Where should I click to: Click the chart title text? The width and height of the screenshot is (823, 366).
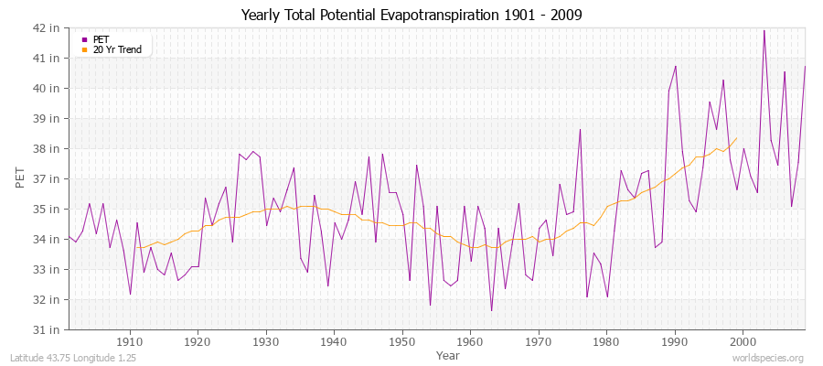pos(411,15)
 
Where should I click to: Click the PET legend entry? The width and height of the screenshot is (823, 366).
pos(101,39)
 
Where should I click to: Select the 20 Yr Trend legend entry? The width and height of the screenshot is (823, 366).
pos(117,49)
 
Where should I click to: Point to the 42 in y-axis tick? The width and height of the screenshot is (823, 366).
pos(48,27)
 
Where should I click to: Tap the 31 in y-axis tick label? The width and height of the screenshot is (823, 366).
pos(48,329)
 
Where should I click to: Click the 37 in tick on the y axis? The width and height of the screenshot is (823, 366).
pos(48,178)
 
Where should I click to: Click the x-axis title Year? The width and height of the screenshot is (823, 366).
pos(448,355)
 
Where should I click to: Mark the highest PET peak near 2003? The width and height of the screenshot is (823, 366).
pos(764,30)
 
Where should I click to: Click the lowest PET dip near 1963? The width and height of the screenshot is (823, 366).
pos(491,311)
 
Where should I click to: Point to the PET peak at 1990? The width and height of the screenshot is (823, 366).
pos(676,66)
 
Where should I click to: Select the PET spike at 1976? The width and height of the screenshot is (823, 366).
pos(580,129)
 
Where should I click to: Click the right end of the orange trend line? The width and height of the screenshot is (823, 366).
pos(736,138)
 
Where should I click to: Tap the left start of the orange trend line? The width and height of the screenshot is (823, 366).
pos(136,247)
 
